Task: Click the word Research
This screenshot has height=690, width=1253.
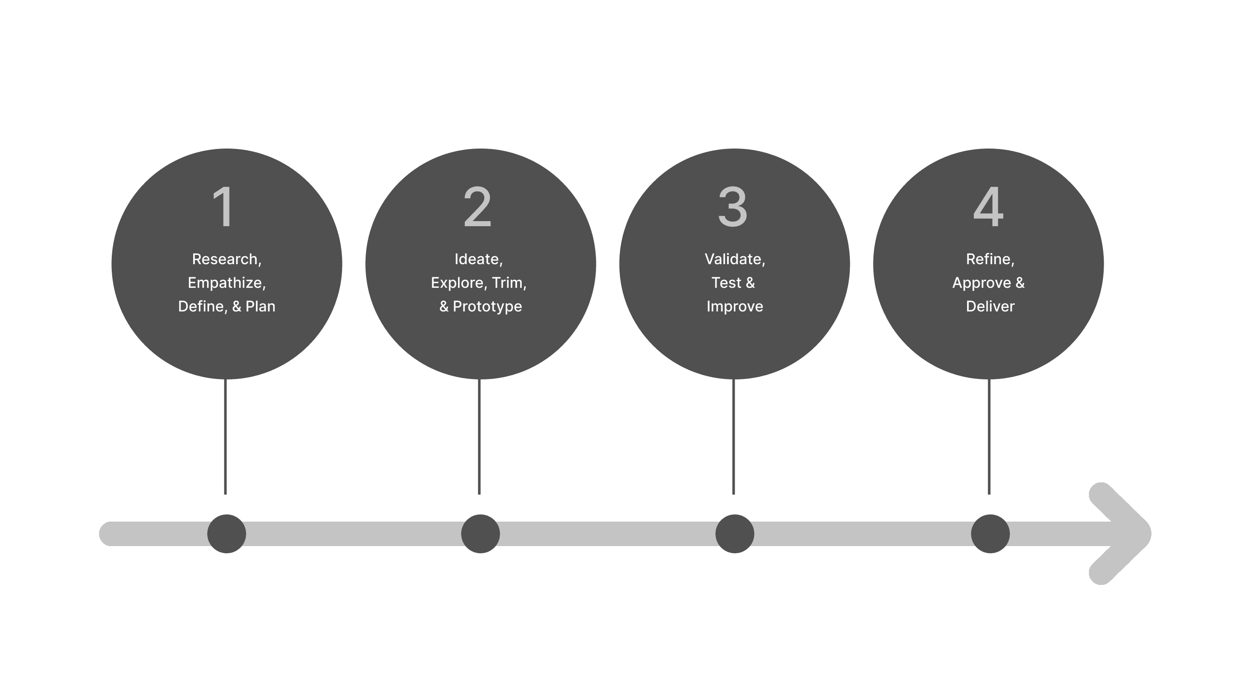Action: coord(225,260)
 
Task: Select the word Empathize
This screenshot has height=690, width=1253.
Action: coord(225,283)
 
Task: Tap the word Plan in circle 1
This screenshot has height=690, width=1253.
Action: coord(260,306)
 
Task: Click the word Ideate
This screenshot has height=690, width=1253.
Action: coord(477,260)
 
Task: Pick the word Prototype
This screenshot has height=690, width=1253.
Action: coord(488,306)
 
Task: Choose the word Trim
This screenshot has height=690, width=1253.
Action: coord(507,283)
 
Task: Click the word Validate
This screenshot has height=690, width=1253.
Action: coord(733,260)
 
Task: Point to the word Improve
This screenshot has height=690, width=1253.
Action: coord(735,306)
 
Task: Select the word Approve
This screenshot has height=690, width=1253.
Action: coord(981,283)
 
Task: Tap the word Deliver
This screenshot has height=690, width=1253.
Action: coord(990,306)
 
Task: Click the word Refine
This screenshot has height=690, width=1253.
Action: coord(989,260)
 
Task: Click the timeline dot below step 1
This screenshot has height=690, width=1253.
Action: coord(226,534)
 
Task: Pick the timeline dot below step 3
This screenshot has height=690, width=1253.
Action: coord(735,534)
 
